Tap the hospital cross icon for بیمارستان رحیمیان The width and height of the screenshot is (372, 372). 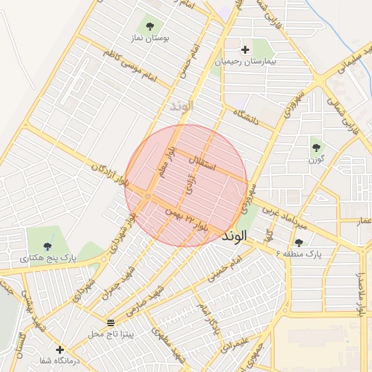pos(245,50)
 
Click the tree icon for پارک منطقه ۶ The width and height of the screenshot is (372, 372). pos(299,243)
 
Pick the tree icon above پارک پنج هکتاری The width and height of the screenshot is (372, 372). pos(48,246)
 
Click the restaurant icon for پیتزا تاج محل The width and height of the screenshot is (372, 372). pos(110,322)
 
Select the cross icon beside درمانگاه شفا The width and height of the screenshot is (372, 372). pos(60,349)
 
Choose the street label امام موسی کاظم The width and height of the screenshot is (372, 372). pos(129,66)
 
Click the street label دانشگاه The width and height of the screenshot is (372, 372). pos(246,118)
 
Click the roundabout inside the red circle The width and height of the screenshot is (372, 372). pos(147,197)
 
